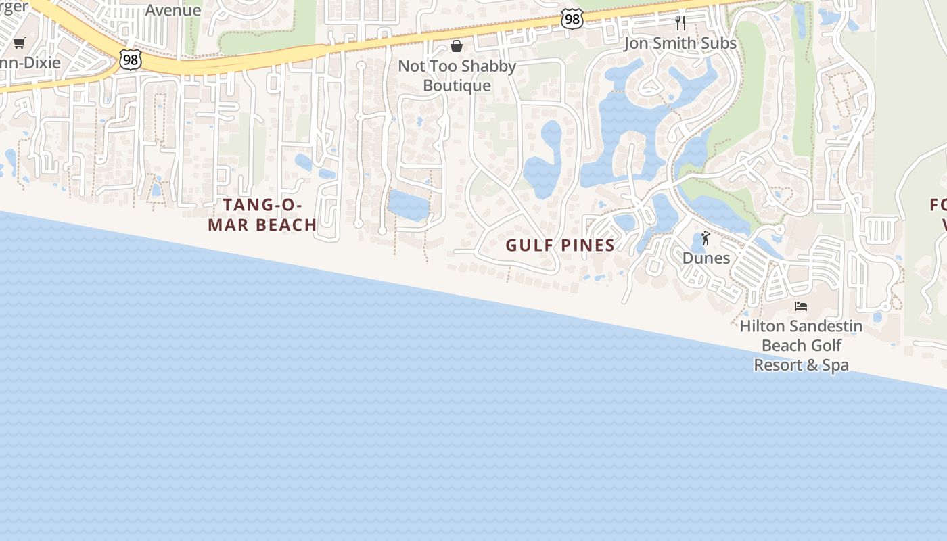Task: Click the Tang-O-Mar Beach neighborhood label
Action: [x=262, y=215]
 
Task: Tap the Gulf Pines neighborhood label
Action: [x=560, y=245]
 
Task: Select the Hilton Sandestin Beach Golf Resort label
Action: [x=801, y=346]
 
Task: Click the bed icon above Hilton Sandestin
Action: [x=801, y=306]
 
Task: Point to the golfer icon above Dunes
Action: [x=706, y=239]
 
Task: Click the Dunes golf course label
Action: [x=706, y=258]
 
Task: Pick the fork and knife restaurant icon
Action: [x=680, y=23]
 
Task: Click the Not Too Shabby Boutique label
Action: [x=457, y=76]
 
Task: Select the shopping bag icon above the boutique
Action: [x=457, y=46]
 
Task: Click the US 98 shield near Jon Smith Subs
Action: [x=572, y=20]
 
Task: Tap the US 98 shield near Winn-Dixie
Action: [x=131, y=59]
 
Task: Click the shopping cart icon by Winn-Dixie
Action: [x=19, y=43]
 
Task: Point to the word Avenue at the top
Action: [x=173, y=10]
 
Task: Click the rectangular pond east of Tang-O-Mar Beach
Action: [x=409, y=204]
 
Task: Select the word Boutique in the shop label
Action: [x=457, y=86]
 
